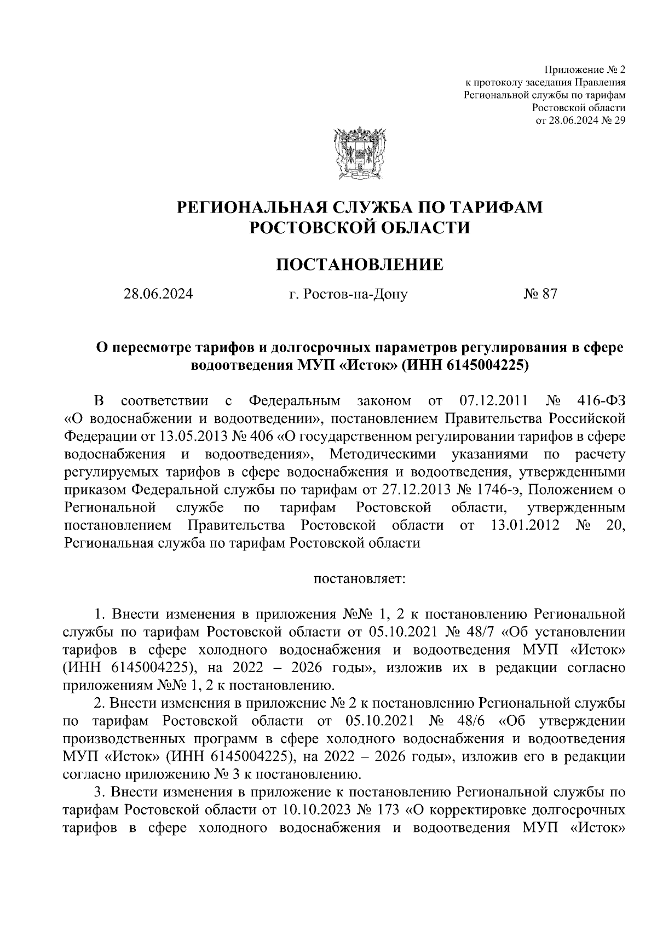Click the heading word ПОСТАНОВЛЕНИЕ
coord(359,265)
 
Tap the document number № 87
coord(540,295)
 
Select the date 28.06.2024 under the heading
coord(158,295)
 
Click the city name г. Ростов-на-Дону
coord(348,295)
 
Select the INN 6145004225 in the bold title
coord(485,365)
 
